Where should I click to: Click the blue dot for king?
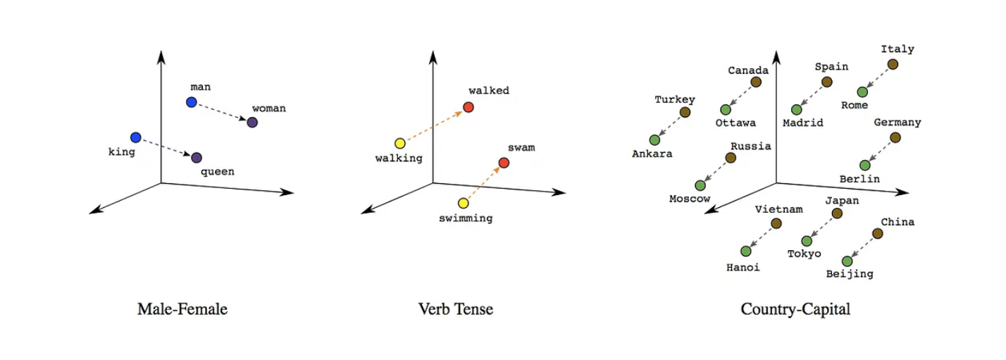(136, 137)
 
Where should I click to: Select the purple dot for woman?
(252, 123)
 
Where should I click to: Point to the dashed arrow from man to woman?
(221, 113)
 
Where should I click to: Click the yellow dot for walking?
(400, 143)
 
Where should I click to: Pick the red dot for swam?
(504, 163)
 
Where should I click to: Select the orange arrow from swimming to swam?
(483, 183)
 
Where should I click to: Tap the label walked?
(489, 90)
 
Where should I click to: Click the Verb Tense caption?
(455, 309)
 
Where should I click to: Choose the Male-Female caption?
(182, 309)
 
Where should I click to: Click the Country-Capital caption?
(795, 309)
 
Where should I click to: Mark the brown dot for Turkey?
(685, 112)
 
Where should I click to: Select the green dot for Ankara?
(654, 139)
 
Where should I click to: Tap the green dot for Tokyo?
(807, 241)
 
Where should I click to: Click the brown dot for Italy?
(893, 64)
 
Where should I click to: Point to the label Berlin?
(859, 179)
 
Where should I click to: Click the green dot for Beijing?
(847, 261)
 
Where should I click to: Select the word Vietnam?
(778, 209)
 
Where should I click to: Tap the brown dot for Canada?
(756, 82)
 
